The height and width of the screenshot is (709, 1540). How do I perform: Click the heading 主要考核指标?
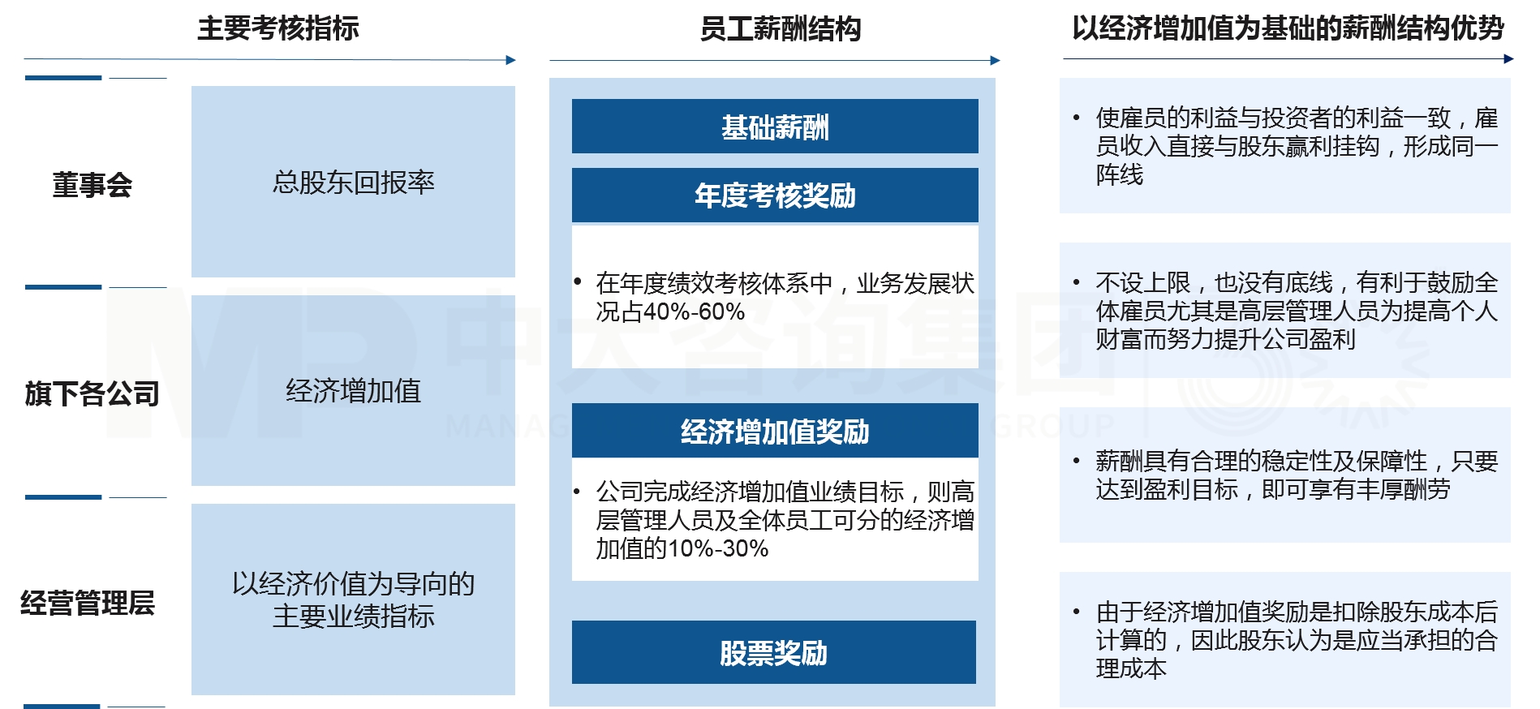point(277,28)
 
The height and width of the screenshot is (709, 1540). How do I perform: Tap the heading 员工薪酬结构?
point(780,29)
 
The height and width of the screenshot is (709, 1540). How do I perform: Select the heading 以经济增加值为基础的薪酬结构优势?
point(1288,28)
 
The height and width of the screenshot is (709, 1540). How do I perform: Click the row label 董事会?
point(92,185)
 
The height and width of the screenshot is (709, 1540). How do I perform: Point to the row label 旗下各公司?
point(92,393)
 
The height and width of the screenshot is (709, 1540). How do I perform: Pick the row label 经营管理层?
point(88,603)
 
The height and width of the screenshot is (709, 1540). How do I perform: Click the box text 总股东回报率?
point(353,183)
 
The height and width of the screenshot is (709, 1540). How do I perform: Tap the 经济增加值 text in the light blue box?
point(353,391)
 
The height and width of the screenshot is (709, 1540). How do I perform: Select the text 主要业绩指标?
point(353,617)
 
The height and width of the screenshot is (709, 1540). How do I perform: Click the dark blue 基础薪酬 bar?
point(775,127)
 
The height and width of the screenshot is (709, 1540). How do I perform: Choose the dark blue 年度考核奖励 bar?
point(775,196)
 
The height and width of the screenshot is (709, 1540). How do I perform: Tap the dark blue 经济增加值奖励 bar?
point(775,431)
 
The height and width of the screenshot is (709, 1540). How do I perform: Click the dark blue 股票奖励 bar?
point(773,653)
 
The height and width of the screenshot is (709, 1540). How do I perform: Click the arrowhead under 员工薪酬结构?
point(996,60)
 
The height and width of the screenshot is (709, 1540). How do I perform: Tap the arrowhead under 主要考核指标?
point(511,60)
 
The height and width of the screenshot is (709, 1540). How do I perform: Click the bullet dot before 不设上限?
point(1077,282)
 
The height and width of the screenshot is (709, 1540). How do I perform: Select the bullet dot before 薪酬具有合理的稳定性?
point(1077,461)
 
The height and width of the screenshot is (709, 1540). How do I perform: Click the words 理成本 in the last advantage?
point(1131,668)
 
